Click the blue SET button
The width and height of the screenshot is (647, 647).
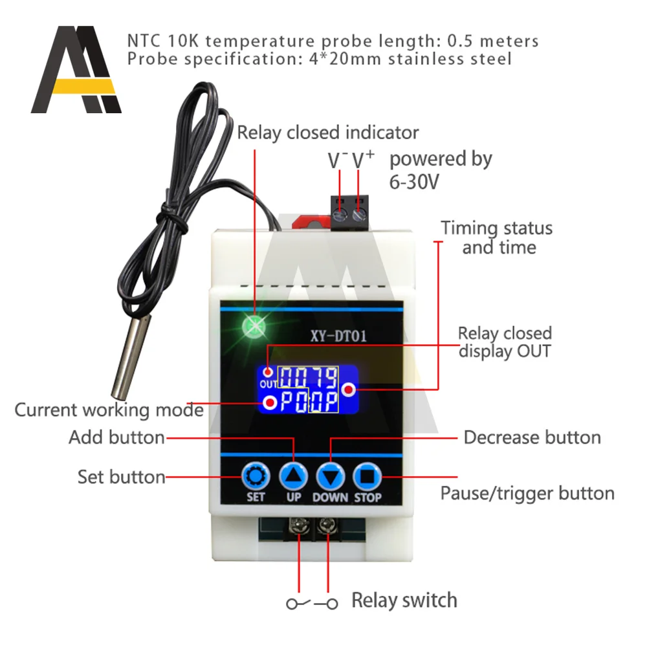pyautogui.click(x=255, y=477)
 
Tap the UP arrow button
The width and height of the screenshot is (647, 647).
pyautogui.click(x=294, y=477)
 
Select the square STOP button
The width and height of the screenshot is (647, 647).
pyautogui.click(x=367, y=477)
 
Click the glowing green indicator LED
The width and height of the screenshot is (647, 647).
pyautogui.click(x=253, y=327)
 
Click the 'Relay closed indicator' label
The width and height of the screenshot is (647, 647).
pyautogui.click(x=327, y=133)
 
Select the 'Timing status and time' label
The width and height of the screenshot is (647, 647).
pyautogui.click(x=497, y=237)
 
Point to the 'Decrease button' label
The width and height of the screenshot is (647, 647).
pyautogui.click(x=532, y=437)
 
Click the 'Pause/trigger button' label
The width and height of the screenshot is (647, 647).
pyautogui.click(x=527, y=493)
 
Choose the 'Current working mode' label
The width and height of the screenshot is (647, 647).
pyautogui.click(x=109, y=410)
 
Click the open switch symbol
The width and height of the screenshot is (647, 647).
pyautogui.click(x=313, y=603)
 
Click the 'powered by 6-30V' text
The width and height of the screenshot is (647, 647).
pyautogui.click(x=440, y=170)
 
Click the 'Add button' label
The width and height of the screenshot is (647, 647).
pyautogui.click(x=116, y=437)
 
